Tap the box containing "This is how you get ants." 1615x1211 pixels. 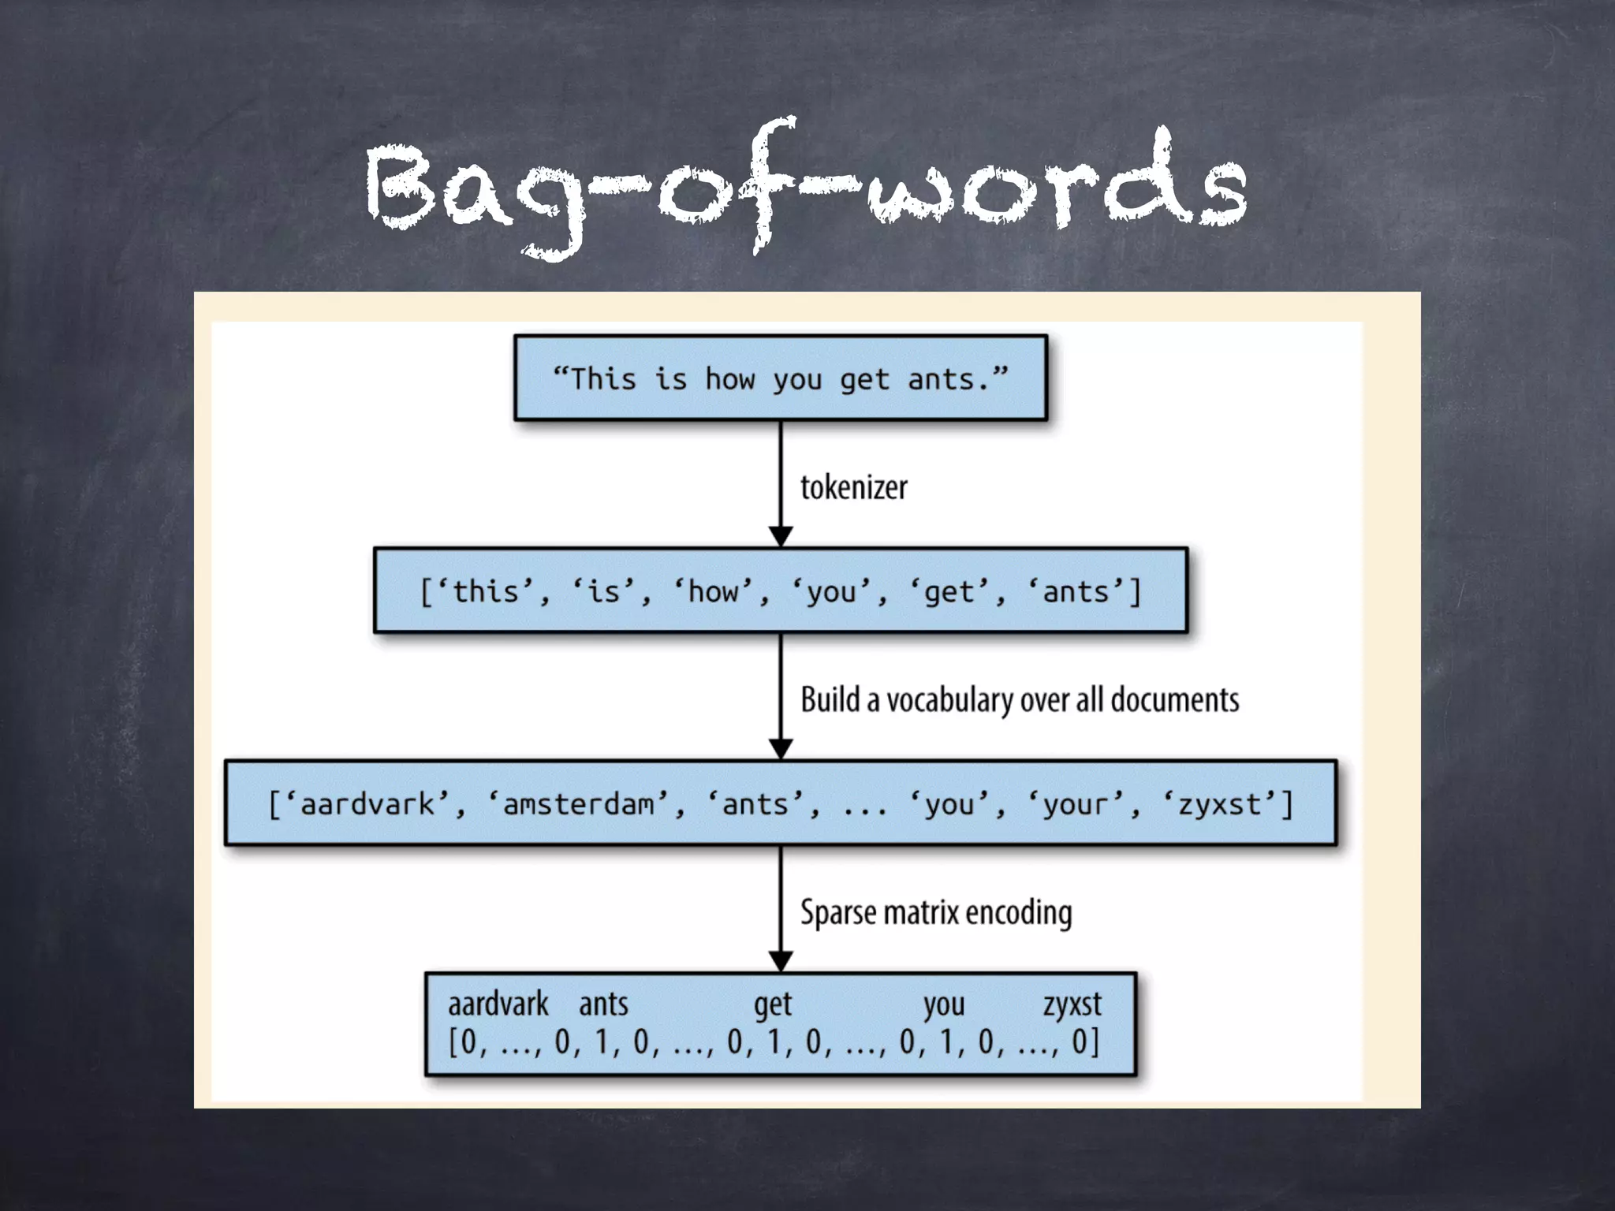tap(781, 378)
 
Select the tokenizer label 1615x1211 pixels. tap(854, 487)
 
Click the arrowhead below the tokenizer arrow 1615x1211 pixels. tap(781, 536)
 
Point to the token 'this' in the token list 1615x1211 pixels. tap(485, 591)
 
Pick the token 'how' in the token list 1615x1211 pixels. tap(714, 591)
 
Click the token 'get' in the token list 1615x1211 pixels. tap(949, 591)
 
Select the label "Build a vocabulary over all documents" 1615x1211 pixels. tap(1020, 700)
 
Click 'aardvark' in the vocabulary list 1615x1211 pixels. tap(367, 804)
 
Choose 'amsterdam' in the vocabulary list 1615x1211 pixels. tap(579, 804)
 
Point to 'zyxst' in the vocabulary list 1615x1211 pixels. tap(1219, 804)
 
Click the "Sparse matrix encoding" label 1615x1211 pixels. tap(936, 912)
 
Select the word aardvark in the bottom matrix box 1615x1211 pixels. tap(498, 1004)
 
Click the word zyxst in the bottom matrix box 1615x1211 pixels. tap(1072, 1004)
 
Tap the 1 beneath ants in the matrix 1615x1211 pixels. tap(602, 1042)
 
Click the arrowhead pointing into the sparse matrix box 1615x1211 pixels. tap(781, 962)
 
